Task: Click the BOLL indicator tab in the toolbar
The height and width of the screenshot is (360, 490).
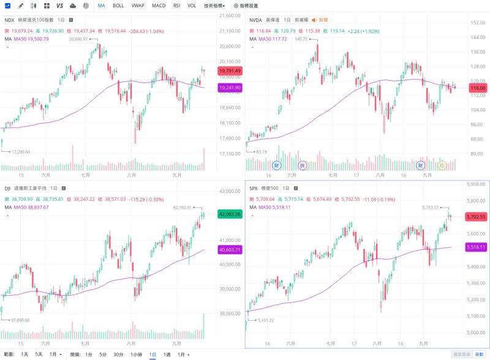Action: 118,6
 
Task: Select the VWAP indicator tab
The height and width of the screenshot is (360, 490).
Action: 138,6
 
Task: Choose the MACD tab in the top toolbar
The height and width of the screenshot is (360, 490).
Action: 159,6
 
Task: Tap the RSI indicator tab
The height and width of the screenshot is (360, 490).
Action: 176,6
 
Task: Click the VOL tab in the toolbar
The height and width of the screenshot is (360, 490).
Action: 192,6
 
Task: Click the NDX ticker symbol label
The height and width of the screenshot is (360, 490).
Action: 9,20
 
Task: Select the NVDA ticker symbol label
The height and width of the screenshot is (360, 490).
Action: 256,20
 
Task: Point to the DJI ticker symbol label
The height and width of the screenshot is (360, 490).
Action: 7,188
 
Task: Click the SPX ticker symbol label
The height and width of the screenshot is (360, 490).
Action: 254,188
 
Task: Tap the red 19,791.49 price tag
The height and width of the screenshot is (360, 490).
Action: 229,71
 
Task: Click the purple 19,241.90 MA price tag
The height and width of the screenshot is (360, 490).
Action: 229,88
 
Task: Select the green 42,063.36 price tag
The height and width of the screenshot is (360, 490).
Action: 229,214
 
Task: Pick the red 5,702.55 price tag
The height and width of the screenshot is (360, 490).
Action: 476,217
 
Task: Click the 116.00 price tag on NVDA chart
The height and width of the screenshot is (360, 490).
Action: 477,88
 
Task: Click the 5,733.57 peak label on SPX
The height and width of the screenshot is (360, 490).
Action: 432,208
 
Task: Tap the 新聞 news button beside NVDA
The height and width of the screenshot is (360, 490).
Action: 320,20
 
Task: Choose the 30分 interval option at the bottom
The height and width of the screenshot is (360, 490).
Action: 119,354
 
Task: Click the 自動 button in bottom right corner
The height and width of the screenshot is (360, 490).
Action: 478,354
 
